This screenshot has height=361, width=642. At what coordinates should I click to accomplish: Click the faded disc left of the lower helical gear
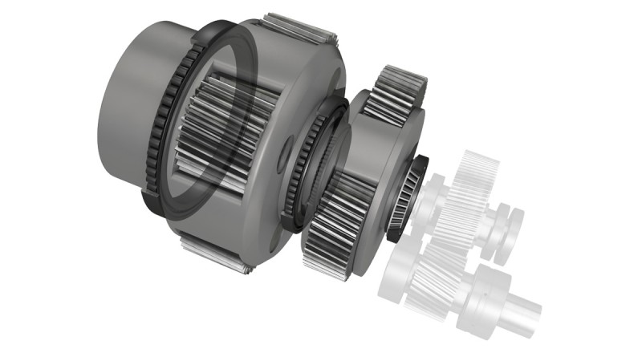(398, 273)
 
